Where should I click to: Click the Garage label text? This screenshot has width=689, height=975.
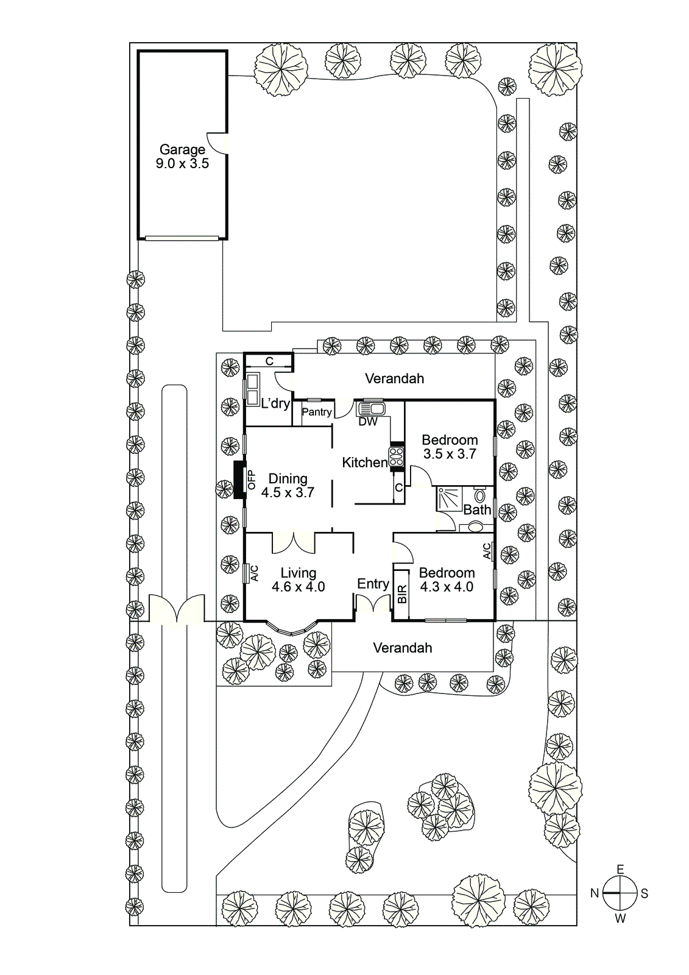pos(182,149)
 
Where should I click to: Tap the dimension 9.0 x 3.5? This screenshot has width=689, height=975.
pos(182,164)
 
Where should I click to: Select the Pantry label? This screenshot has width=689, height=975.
pos(317,412)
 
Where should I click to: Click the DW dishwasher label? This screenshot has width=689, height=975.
pos(368,422)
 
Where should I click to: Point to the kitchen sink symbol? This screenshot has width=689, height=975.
pos(370,408)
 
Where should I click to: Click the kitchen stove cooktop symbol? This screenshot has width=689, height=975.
pos(397,456)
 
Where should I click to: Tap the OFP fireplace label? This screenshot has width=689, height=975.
pos(252,480)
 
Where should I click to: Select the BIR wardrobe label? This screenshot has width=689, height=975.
pos(402,595)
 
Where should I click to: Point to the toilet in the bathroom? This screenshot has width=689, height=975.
pos(480,494)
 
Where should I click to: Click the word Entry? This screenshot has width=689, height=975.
pos(373,584)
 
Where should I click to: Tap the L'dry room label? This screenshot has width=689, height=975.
pos(275,403)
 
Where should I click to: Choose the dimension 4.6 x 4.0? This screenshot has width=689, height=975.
pos(299,587)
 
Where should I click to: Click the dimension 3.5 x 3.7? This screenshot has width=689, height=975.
pos(450,454)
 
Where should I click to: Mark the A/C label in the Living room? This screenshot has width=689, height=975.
pos(255,573)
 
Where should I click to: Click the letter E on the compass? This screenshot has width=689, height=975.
pos(620,870)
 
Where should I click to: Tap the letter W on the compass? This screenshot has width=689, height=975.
pos(620,918)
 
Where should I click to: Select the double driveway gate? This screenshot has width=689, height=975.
pos(177,609)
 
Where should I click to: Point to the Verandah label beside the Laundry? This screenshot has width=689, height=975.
pos(394,378)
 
